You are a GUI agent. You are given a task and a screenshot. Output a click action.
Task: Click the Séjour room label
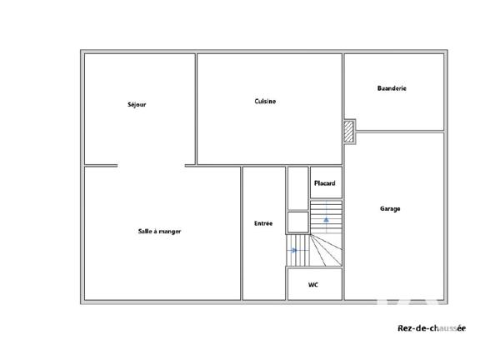click(x=137, y=104)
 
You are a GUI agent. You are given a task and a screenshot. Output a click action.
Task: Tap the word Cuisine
click(x=265, y=102)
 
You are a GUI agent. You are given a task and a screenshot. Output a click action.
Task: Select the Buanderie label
click(x=392, y=87)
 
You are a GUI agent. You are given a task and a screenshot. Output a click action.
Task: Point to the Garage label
click(x=390, y=208)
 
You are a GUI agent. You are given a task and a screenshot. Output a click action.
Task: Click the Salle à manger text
click(x=159, y=231)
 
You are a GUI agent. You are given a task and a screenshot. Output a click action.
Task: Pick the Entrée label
click(x=263, y=223)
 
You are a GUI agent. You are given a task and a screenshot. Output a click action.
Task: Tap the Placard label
click(x=324, y=183)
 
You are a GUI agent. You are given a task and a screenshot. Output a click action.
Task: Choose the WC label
click(x=313, y=285)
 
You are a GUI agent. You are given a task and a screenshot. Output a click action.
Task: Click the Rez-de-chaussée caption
click(x=431, y=328)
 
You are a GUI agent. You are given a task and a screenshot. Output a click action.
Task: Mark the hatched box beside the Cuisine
click(x=349, y=132)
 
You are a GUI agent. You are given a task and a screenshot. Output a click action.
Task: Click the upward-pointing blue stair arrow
click(x=327, y=218)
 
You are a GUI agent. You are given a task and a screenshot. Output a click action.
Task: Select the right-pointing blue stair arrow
click(x=294, y=249)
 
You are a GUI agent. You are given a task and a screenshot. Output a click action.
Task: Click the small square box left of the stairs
click(x=297, y=222)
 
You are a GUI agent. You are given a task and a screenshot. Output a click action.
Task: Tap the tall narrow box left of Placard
click(x=297, y=188)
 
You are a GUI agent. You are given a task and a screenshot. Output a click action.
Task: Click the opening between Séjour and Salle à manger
click(x=151, y=165)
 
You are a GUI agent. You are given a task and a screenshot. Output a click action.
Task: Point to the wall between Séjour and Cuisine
click(x=196, y=108)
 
